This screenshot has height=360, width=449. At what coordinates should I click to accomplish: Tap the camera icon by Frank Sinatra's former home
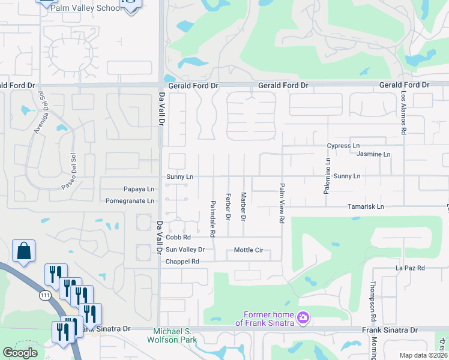[303, 316]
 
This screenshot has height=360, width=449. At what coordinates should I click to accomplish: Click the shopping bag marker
[23, 252]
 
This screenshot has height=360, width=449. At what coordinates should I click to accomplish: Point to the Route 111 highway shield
[45, 296]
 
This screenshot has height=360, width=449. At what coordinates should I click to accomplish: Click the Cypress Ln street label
[343, 146]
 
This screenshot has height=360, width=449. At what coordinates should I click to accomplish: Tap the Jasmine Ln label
[373, 154]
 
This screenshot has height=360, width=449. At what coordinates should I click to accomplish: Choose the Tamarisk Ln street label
[366, 206]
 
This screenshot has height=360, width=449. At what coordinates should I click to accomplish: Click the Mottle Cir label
[249, 250]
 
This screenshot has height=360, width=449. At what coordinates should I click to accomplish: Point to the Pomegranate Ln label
[130, 201]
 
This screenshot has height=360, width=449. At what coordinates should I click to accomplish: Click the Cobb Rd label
[178, 238]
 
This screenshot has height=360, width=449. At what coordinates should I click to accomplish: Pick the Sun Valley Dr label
[185, 250]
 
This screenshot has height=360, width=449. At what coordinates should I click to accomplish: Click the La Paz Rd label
[410, 268]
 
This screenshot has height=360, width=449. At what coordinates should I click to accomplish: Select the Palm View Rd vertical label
[281, 203]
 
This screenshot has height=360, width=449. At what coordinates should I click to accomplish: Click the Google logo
[20, 353]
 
